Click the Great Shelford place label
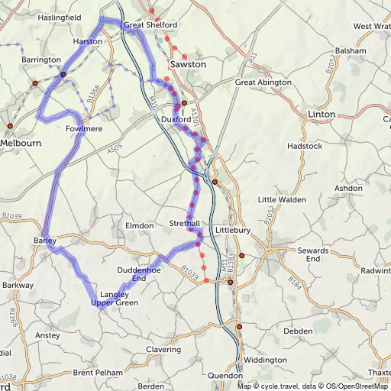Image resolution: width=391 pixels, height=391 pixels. tap(150, 25)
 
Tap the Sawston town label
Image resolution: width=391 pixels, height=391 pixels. tap(188, 64)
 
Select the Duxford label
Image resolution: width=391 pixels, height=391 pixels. tap(176, 119)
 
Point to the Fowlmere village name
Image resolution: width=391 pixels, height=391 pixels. tap(84, 129)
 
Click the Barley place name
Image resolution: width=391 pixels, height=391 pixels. tap(45, 241)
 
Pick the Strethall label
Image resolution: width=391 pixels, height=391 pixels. tap(186, 224)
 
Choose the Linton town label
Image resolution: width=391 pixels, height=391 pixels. tap(321, 114)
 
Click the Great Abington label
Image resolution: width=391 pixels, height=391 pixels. tap(263, 82)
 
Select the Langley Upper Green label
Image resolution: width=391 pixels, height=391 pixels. tap(115, 299)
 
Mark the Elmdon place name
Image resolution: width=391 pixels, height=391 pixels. tap(139, 226)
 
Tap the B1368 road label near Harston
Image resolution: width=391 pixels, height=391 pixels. tap(94, 93)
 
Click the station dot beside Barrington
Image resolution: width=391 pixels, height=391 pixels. tap(35, 82)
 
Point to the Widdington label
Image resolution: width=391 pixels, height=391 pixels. tap(265, 360)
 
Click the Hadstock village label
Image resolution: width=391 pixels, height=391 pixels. tap(304, 145)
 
